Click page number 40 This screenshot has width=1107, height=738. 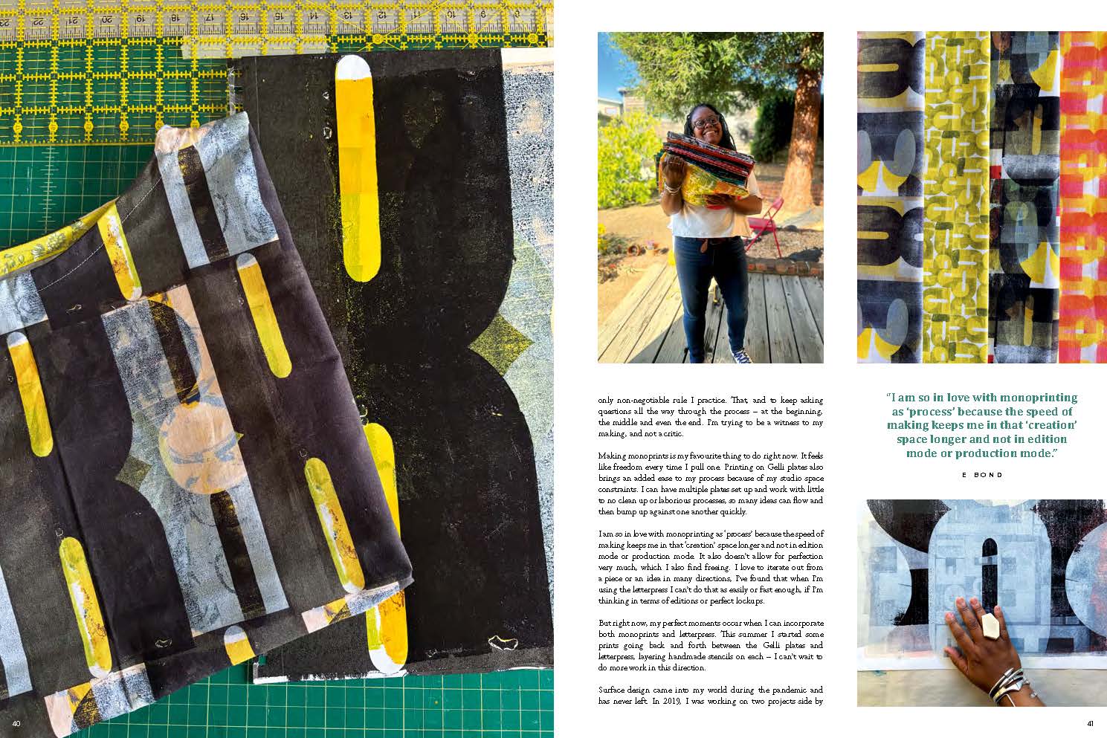click(x=16, y=724)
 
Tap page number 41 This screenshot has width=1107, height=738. click(x=1089, y=724)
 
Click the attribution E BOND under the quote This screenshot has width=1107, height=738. click(x=981, y=475)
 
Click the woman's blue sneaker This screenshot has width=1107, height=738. click(x=741, y=355)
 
